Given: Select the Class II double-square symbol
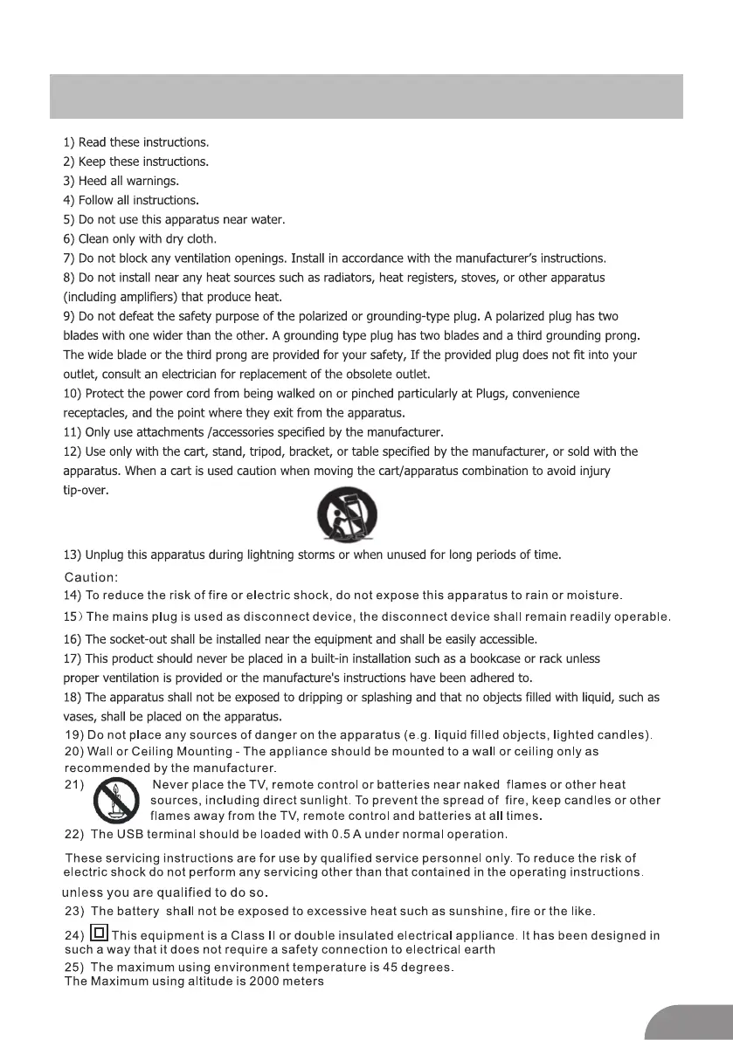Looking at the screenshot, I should pos(100,934).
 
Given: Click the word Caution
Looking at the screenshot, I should pos(91,577).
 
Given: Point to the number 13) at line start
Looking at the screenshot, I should pos(73,554).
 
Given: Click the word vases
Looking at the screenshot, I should pos(80,716).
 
